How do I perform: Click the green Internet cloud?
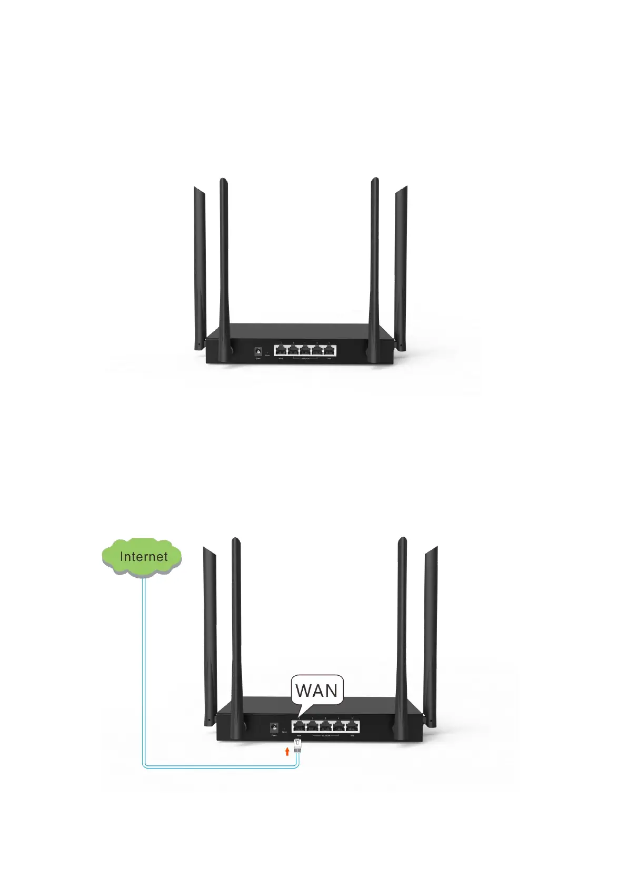[x=142, y=557]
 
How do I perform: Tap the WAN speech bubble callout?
[x=317, y=690]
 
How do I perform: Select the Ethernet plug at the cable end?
[x=298, y=745]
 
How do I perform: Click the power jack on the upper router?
[x=258, y=351]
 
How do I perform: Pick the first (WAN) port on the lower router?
[x=299, y=726]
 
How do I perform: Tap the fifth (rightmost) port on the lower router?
[x=352, y=726]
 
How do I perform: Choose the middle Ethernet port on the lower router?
[x=326, y=726]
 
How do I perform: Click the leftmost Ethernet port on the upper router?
[x=281, y=350]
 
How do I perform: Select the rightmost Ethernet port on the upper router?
[x=330, y=350]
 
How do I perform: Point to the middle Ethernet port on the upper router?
[x=305, y=350]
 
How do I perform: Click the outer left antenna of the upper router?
[x=200, y=263]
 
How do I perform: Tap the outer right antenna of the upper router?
[x=401, y=263]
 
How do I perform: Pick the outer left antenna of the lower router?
[x=210, y=632]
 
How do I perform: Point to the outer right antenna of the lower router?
[x=431, y=632]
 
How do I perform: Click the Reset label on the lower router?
[x=284, y=733]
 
